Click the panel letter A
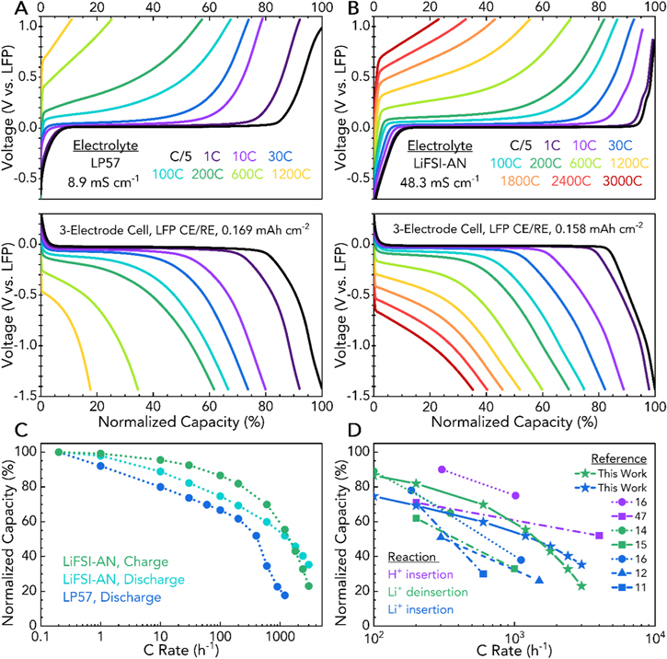click(x=8, y=9)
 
